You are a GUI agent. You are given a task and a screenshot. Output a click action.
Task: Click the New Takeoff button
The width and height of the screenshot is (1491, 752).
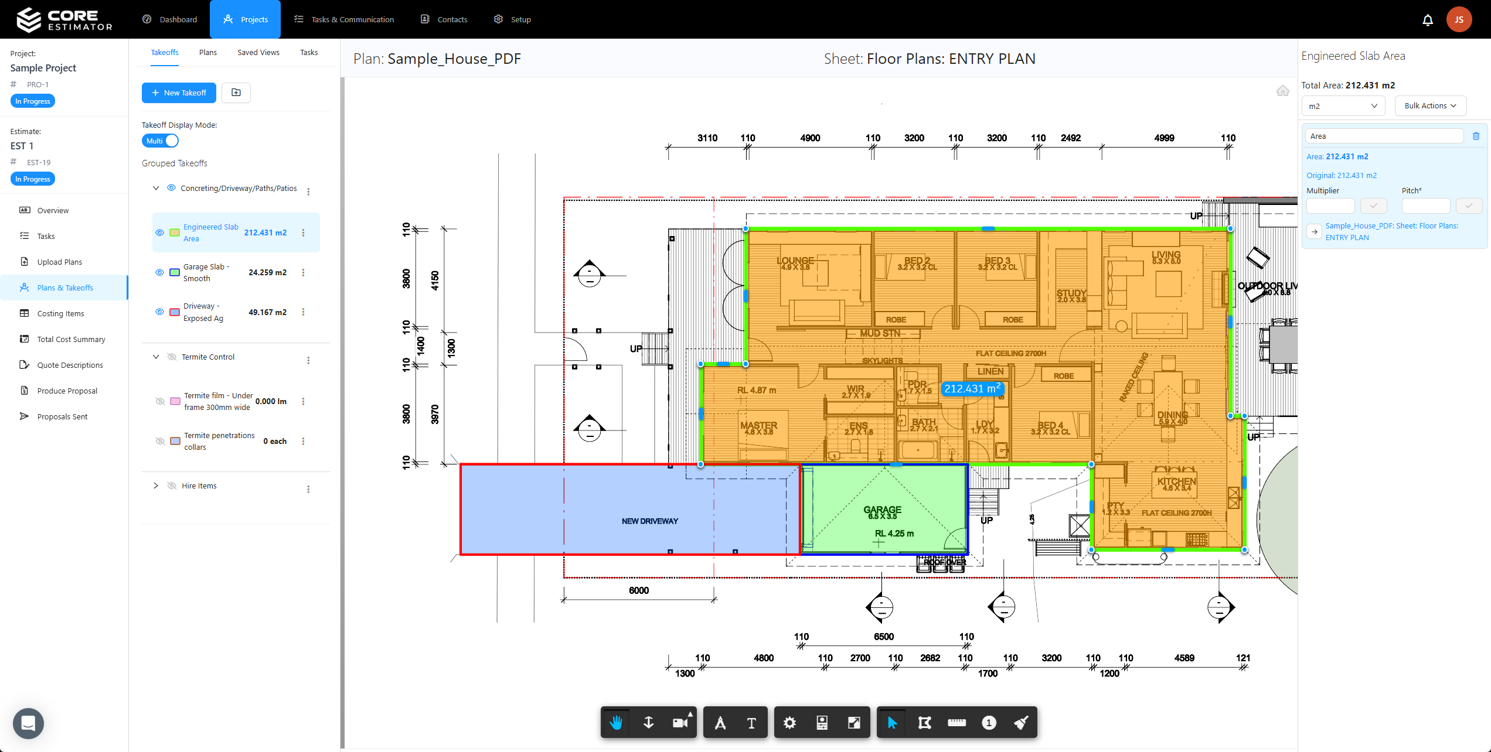click(x=179, y=93)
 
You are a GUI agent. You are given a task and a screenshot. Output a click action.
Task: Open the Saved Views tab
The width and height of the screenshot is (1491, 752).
click(x=258, y=53)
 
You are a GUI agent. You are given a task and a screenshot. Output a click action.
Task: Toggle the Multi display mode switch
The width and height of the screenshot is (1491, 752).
click(x=160, y=141)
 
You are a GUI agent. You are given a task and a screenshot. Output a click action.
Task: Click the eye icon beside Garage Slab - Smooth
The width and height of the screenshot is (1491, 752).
click(x=159, y=272)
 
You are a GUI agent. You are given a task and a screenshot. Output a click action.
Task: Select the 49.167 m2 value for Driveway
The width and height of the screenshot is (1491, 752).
click(x=267, y=312)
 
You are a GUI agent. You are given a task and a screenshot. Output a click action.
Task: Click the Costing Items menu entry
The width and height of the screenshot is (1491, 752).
click(x=60, y=313)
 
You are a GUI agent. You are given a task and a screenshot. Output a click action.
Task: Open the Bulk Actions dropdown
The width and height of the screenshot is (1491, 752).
click(x=1430, y=106)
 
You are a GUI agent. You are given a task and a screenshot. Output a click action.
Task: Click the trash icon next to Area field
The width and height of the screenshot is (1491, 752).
click(x=1476, y=136)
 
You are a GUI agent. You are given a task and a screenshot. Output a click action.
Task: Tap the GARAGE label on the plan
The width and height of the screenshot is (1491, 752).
click(x=882, y=510)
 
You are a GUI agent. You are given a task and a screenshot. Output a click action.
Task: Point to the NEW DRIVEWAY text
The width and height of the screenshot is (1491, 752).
click(x=649, y=521)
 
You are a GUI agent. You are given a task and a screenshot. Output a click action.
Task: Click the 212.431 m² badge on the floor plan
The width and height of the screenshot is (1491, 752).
click(x=972, y=389)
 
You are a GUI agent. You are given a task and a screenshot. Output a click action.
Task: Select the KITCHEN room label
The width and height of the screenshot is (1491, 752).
click(x=1176, y=481)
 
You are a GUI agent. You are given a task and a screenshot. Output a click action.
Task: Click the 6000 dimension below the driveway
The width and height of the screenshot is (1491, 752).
click(x=638, y=590)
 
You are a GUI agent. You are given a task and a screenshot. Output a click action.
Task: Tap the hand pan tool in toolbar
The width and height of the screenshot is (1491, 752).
click(x=615, y=723)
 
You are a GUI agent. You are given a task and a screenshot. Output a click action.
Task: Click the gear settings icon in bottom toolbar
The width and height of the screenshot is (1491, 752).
click(x=789, y=723)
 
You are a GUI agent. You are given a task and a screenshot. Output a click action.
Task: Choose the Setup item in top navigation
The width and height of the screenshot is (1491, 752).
click(x=513, y=19)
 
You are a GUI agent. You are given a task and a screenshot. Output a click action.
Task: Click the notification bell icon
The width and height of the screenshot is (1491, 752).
click(x=1428, y=20)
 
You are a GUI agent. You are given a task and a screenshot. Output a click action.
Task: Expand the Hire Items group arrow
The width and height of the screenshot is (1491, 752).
click(x=156, y=486)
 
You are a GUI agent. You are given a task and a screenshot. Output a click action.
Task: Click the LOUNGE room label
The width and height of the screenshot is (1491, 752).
click(x=795, y=261)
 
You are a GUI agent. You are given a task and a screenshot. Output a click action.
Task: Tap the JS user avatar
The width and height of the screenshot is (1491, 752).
click(x=1459, y=20)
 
